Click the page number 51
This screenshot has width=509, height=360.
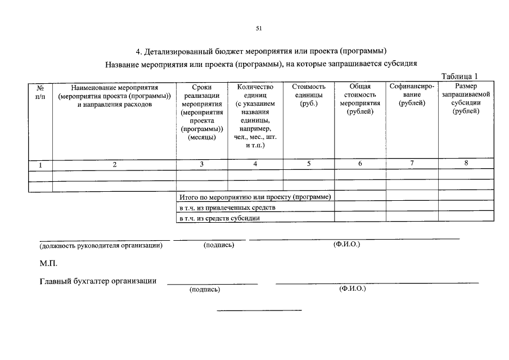click(259, 28)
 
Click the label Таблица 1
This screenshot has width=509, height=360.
click(460, 76)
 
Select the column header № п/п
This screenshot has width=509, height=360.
click(40, 92)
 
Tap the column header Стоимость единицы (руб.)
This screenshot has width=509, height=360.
click(309, 96)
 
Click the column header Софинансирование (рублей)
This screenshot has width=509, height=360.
click(412, 96)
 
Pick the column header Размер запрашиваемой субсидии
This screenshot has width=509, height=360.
click(466, 99)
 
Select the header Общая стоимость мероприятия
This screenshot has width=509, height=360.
click(360, 99)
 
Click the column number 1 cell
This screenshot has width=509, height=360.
click(40, 165)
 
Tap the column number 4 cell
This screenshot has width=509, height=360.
click(255, 164)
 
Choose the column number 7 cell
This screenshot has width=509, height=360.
click(412, 163)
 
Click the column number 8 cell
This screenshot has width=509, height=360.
click(466, 163)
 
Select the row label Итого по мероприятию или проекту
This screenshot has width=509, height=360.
click(255, 197)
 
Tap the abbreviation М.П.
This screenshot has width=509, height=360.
click(48, 263)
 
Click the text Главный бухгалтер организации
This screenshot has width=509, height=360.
click(98, 281)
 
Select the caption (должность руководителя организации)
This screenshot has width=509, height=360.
click(101, 245)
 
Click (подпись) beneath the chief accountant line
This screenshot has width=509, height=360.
click(205, 290)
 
